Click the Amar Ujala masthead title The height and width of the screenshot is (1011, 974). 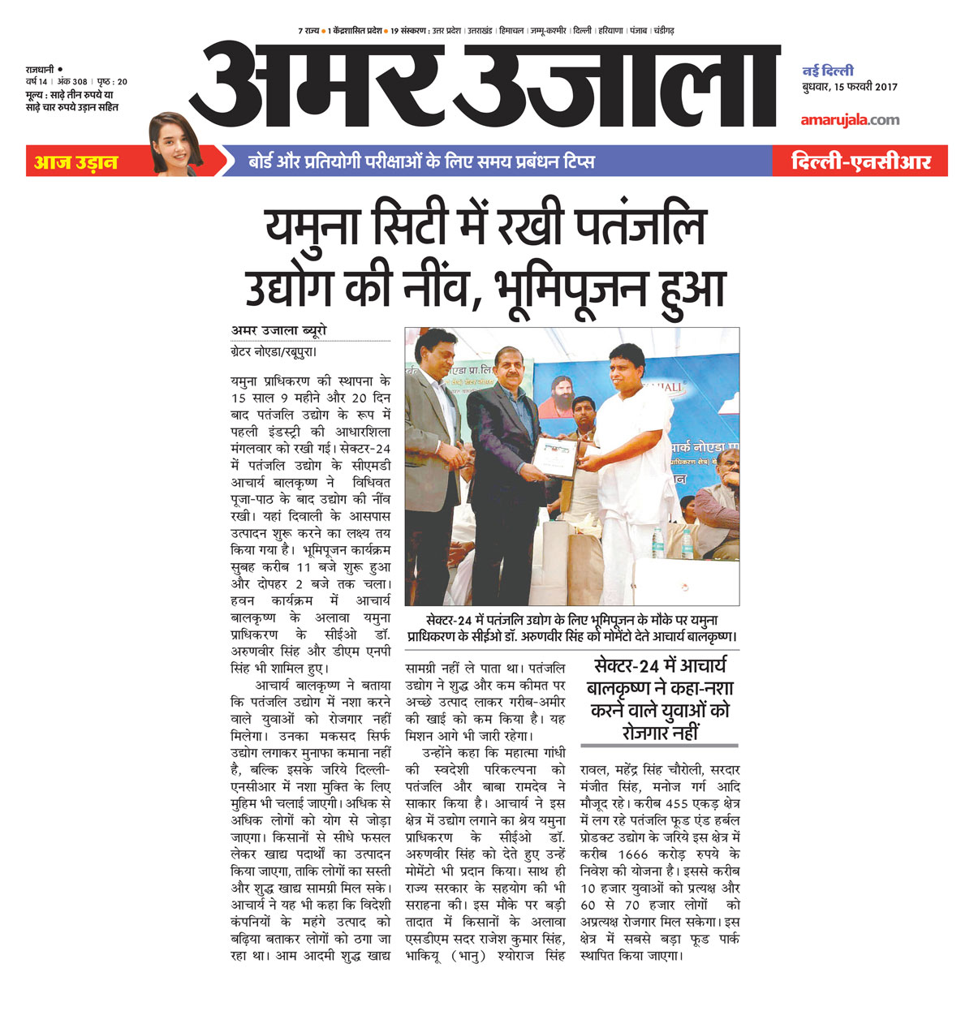tap(485, 85)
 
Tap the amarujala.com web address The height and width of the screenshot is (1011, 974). tap(850, 120)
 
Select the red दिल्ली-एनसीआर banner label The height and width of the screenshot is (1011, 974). tap(860, 161)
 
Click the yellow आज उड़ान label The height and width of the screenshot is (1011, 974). tap(75, 162)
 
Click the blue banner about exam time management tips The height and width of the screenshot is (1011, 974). tap(421, 161)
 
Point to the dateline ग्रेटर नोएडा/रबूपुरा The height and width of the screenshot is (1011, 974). tap(273, 352)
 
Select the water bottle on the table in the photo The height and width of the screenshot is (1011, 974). tap(657, 542)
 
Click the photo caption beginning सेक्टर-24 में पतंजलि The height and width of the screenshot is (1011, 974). tap(572, 629)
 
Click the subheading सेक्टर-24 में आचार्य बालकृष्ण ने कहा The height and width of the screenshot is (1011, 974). tap(659, 699)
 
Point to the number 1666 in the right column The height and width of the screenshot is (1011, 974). tap(633, 854)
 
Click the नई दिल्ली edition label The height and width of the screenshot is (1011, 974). tap(828, 71)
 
